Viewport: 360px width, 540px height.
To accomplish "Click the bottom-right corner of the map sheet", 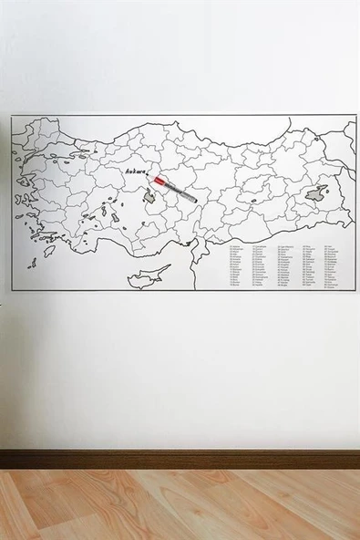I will [x=355, y=291].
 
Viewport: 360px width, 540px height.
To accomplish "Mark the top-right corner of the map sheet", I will [x=355, y=115].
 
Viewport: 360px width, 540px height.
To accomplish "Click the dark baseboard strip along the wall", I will [x=180, y=459].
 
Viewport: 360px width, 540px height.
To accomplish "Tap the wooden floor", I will [x=180, y=506].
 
